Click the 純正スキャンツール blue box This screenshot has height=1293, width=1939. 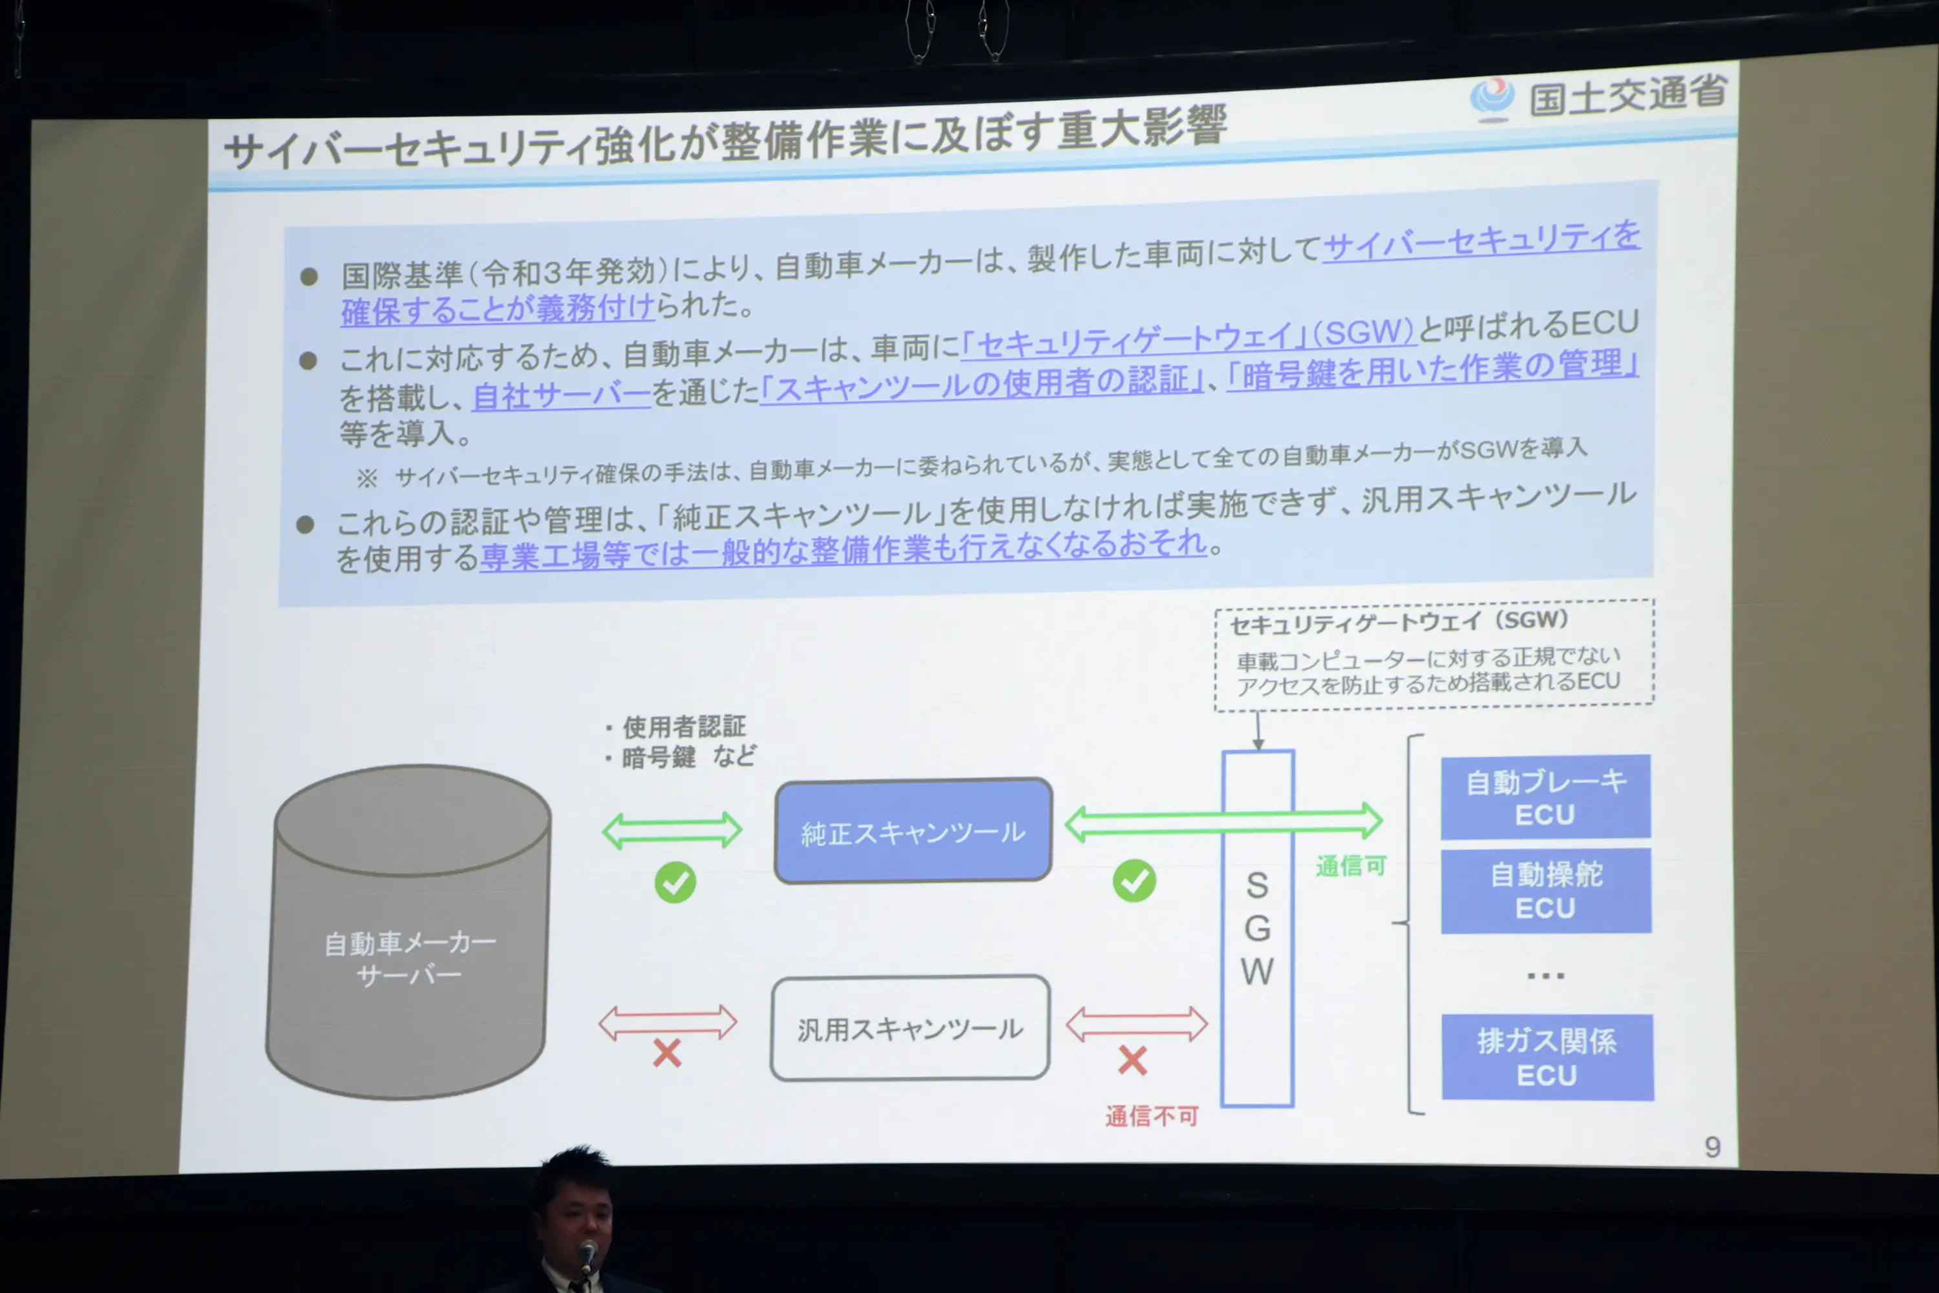(x=913, y=830)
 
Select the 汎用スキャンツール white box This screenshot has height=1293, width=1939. (x=910, y=1027)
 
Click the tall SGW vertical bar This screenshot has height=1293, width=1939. (x=1257, y=928)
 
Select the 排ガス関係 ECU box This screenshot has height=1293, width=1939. (x=1547, y=1057)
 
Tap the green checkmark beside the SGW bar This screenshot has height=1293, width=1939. (x=1134, y=881)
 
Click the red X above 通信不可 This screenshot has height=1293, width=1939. (x=1133, y=1060)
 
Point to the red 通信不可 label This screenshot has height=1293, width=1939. (x=1151, y=1117)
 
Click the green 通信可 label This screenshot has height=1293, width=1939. (x=1350, y=866)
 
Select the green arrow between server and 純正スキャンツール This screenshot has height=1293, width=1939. (x=672, y=829)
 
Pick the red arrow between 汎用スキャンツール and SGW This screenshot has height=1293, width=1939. (x=1136, y=1024)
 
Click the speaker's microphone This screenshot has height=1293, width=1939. (x=587, y=1254)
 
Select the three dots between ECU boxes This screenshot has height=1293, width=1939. (x=1545, y=976)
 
